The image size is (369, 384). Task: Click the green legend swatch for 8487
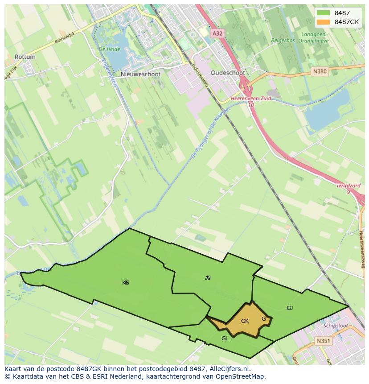click(x=324, y=13)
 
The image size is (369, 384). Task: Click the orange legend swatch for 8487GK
click(x=324, y=22)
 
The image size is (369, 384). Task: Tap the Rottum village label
click(x=25, y=57)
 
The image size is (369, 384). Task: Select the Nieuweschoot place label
click(x=140, y=75)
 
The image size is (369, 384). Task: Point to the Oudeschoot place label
click(x=228, y=73)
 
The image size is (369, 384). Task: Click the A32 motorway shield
click(x=217, y=33)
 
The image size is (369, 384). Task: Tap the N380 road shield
click(x=320, y=71)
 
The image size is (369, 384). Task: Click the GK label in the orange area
click(x=245, y=321)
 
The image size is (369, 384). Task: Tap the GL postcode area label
click(x=225, y=339)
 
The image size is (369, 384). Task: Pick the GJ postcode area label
click(x=290, y=308)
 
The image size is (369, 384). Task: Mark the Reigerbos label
click(x=283, y=41)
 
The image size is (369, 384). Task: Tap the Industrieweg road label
click(x=197, y=72)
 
